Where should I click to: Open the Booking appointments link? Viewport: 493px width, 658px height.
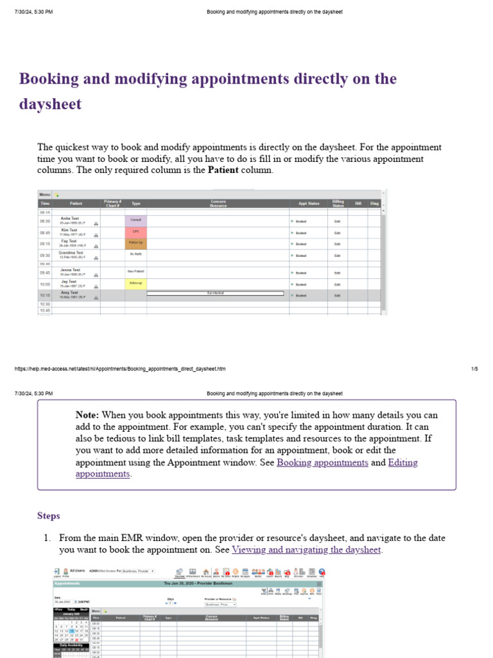pos(322,463)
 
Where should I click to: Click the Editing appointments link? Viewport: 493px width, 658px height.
pos(403,463)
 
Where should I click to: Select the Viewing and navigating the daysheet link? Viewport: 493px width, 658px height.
pos(306,549)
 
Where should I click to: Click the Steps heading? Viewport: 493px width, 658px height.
pos(49,516)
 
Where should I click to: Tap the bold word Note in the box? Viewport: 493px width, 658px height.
pos(87,415)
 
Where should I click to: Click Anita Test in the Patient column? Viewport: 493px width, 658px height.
pos(70,218)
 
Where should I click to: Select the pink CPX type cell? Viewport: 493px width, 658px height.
pos(135,232)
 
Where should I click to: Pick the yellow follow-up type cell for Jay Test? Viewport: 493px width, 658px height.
pos(135,283)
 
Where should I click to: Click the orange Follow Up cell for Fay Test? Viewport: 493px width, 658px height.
pos(135,244)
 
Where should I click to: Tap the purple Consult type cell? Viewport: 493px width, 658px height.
pos(135,220)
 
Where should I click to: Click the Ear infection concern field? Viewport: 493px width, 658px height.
pos(215,294)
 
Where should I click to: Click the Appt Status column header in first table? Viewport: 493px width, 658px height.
pos(308,204)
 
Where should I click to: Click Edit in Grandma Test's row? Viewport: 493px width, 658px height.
pos(338,256)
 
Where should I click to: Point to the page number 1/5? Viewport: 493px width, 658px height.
pos(474,369)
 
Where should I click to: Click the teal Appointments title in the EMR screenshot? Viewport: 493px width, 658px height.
pos(67,583)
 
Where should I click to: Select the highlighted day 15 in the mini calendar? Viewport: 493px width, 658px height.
pos(72,631)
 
